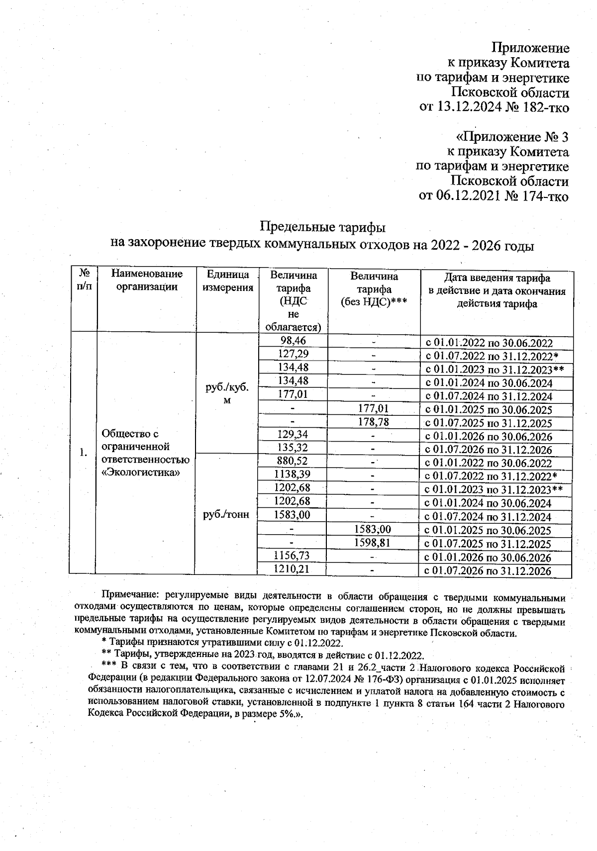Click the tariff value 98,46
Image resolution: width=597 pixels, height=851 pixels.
[293, 341]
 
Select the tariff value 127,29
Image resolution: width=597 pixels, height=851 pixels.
[293, 354]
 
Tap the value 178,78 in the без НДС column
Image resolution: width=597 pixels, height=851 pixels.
[373, 422]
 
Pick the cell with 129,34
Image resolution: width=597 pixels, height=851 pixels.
[293, 434]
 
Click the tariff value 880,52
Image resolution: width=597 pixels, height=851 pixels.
[293, 461]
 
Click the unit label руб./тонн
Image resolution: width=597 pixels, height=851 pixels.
[226, 515]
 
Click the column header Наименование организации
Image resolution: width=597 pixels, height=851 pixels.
[147, 280]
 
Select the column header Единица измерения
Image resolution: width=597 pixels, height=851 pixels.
[227, 281]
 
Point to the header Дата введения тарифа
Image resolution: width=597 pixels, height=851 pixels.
[497, 278]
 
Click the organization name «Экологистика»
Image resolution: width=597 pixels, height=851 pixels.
[140, 472]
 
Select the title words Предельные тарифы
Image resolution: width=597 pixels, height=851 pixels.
[323, 228]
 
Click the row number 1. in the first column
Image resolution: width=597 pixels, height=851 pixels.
[84, 452]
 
